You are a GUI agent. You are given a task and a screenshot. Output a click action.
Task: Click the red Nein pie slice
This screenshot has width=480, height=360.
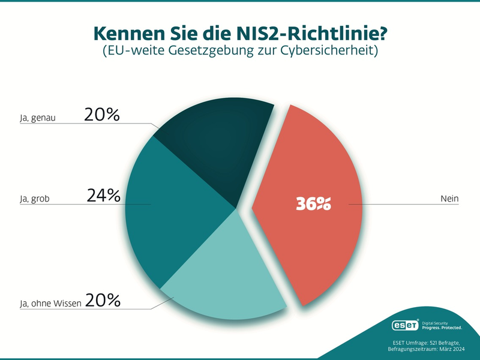tap(312, 180)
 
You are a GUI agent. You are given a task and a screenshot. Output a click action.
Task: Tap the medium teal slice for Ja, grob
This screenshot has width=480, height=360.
tap(174, 204)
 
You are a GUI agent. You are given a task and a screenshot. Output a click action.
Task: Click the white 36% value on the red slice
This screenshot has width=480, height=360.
tap(313, 204)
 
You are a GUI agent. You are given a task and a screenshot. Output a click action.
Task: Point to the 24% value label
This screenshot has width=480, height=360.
tap(103, 196)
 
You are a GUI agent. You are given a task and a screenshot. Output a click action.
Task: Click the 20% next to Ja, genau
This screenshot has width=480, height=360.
tap(102, 115)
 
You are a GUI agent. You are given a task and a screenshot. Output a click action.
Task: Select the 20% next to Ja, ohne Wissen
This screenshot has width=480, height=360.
tap(103, 299)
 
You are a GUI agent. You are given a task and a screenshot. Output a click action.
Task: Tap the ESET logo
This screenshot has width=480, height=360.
tap(406, 326)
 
